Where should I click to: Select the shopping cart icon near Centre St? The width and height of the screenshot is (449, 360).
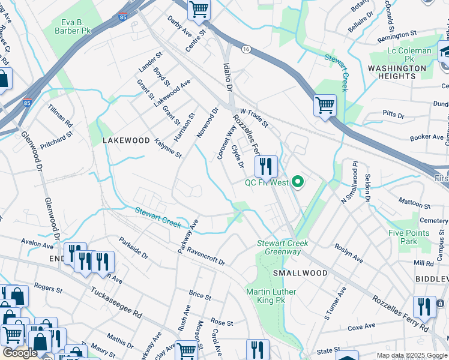pos(199,10)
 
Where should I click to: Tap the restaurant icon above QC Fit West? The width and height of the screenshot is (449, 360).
pos(265,166)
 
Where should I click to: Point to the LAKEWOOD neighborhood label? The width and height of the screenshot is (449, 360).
pos(126,140)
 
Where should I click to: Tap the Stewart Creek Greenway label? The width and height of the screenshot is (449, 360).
pos(282,247)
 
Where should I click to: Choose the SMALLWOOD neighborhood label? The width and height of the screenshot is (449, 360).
pos(300,273)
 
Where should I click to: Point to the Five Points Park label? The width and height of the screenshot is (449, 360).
pos(409,237)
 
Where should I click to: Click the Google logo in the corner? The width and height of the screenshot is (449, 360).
pos(19,353)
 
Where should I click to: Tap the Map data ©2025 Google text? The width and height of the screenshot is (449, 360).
pos(412,355)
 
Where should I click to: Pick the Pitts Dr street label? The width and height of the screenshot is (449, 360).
pos(394,113)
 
